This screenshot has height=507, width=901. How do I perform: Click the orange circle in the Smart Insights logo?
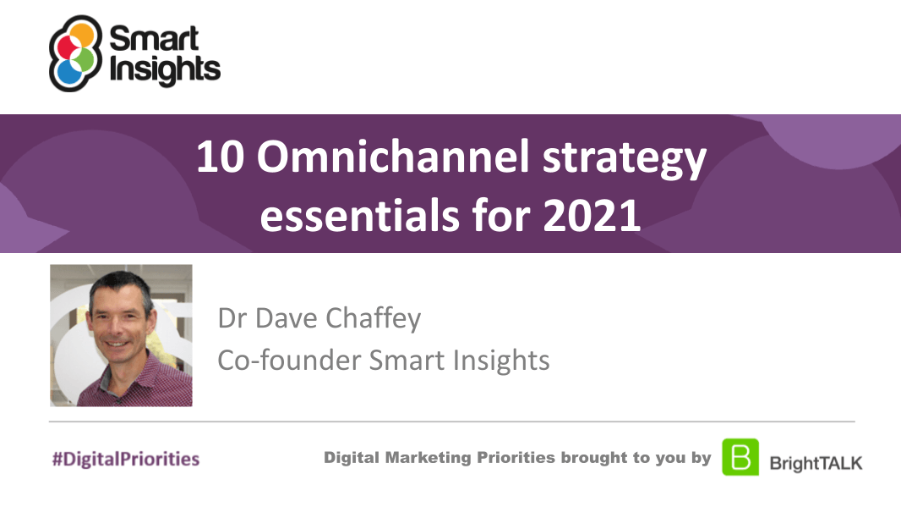(82, 35)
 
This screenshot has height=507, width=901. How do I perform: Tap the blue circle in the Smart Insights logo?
(69, 73)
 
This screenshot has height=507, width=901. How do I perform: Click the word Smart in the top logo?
(154, 39)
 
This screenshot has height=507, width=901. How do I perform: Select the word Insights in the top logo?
(165, 70)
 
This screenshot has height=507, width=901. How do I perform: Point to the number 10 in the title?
(220, 157)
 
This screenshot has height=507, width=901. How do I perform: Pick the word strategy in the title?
(624, 159)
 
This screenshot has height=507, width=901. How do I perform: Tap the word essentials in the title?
(360, 215)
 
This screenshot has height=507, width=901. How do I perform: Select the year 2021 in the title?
(592, 216)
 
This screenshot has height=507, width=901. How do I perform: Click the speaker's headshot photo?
(121, 335)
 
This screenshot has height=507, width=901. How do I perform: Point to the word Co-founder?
(290, 361)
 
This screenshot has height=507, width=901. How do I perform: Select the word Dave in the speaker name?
(287, 318)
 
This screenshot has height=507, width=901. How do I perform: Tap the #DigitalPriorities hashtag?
(126, 459)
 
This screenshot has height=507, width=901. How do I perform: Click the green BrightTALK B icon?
(740, 457)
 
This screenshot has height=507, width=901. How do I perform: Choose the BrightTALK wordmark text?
(816, 463)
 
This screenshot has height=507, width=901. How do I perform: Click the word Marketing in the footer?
(428, 458)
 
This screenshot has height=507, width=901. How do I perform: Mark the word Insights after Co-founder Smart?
(501, 361)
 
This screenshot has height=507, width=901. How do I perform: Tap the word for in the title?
(501, 215)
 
